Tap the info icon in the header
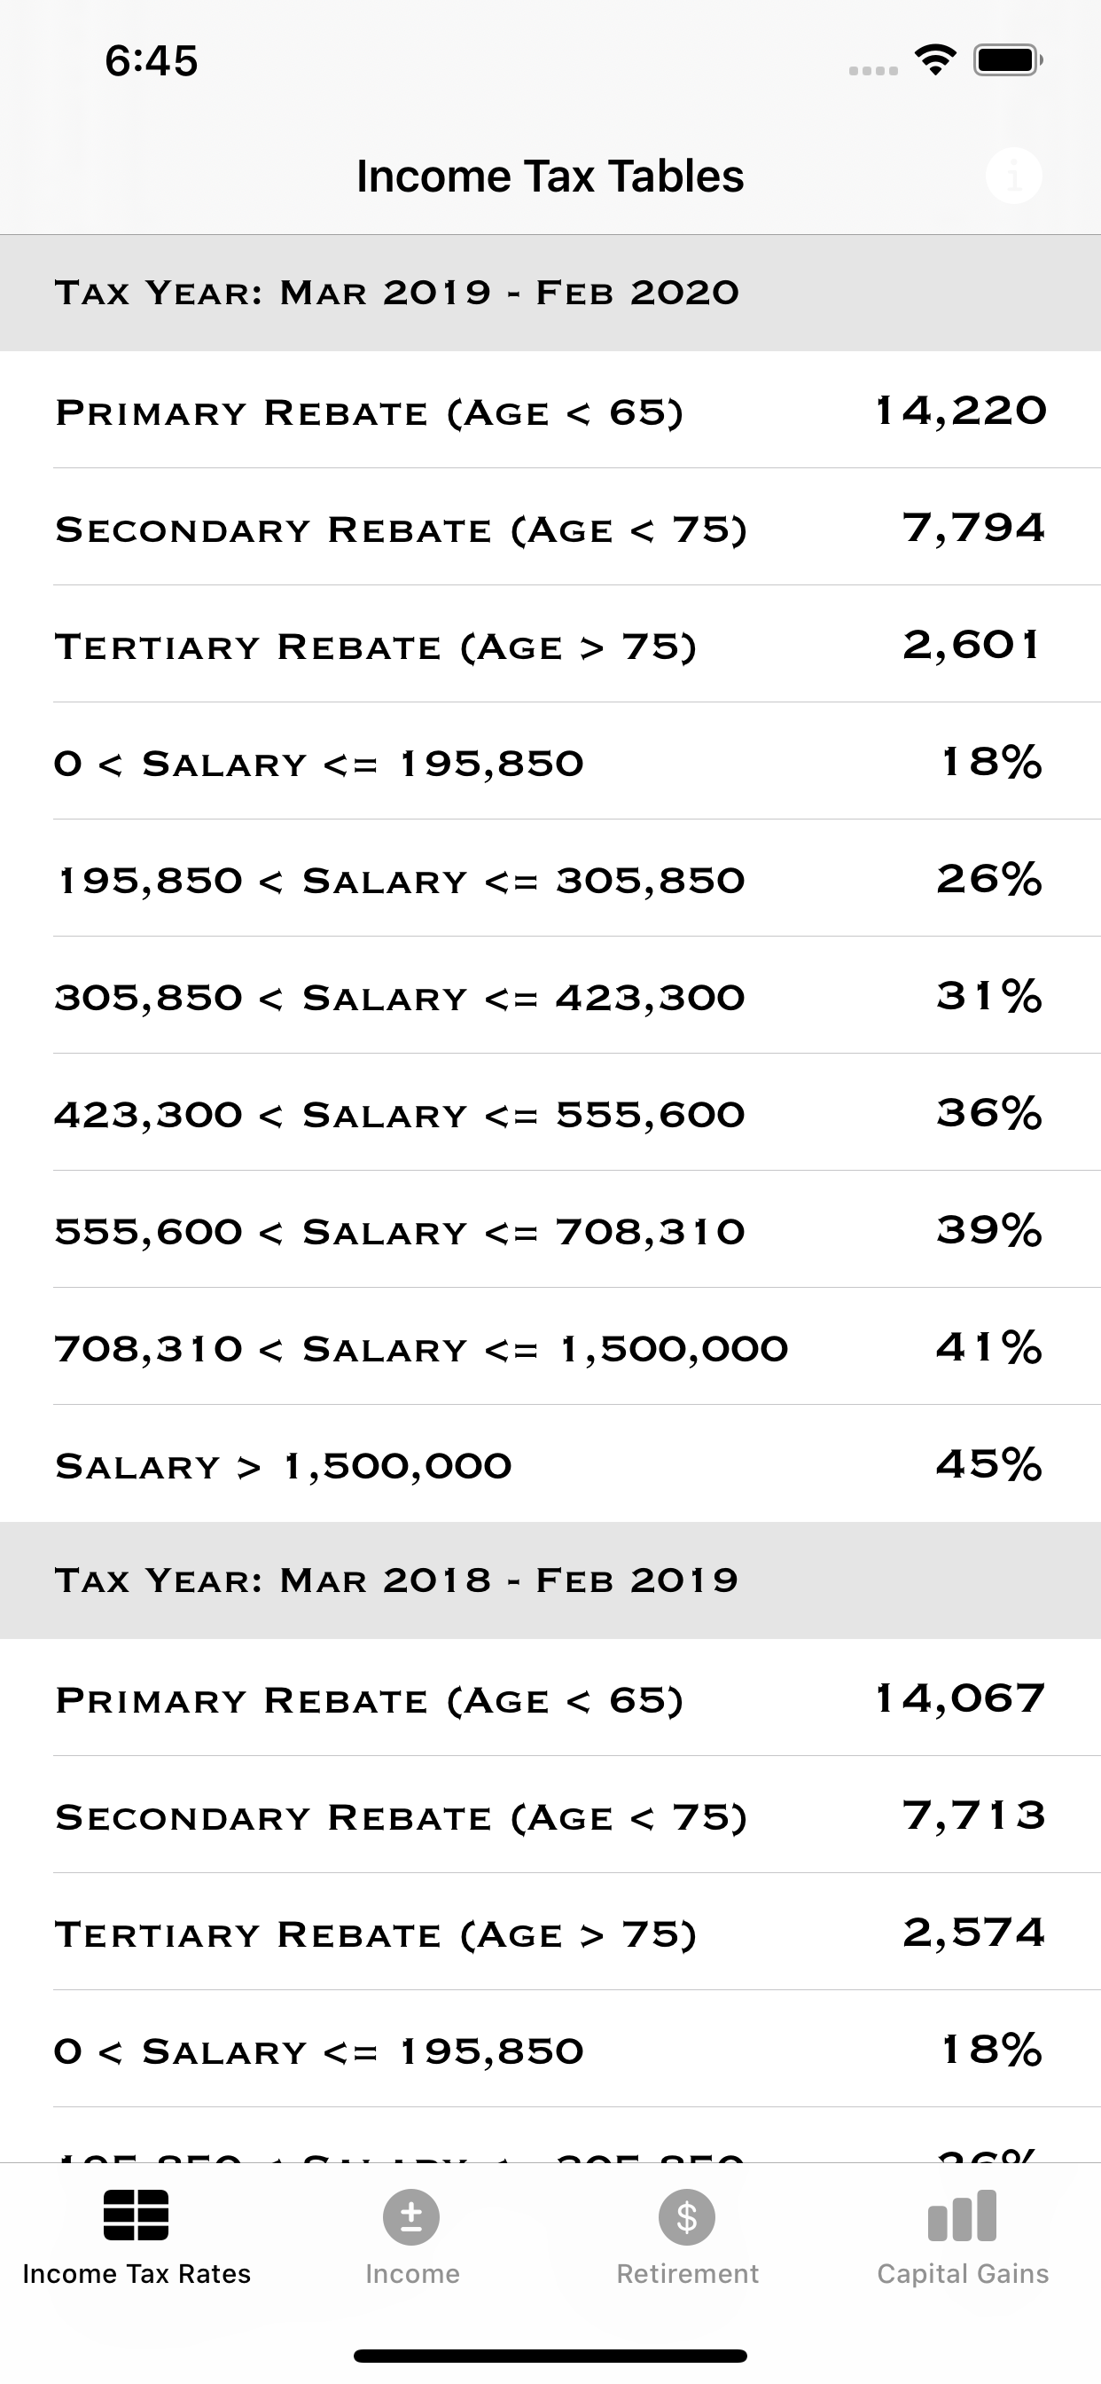[1013, 176]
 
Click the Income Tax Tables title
[550, 176]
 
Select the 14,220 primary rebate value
[960, 411]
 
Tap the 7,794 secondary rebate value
[973, 529]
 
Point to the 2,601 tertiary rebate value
[972, 645]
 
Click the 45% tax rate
[988, 1464]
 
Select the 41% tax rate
[988, 1347]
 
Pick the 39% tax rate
[988, 1230]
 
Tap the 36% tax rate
[988, 1113]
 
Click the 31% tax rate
[988, 997]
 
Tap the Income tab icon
[411, 2217]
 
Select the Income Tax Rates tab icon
[136, 2215]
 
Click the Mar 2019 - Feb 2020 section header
[397, 293]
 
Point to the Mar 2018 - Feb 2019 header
[397, 1580]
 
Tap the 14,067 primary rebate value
[960, 1698]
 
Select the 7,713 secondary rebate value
[973, 1815]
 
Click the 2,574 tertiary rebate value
[973, 1933]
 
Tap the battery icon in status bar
[1007, 61]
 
